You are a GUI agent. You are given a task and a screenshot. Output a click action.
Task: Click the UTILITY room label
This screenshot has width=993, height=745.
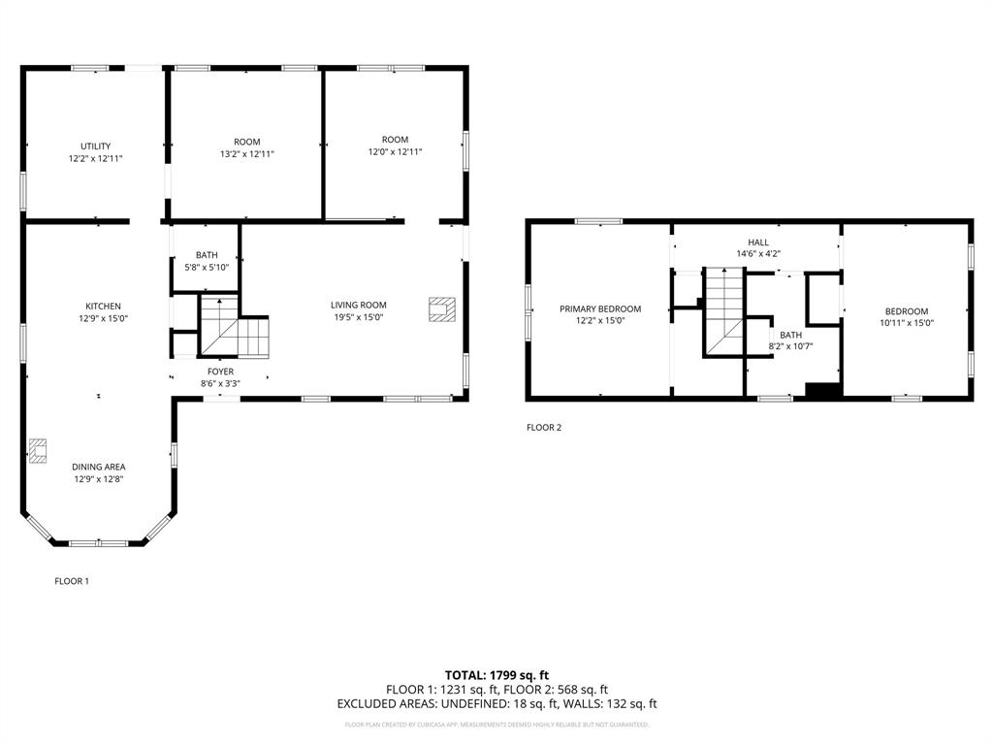95,146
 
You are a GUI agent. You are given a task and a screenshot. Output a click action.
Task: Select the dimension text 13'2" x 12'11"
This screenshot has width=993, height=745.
246,153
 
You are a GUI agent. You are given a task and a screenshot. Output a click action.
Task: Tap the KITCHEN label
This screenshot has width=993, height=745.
103,307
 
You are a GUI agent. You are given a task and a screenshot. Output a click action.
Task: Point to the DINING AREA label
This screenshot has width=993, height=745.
98,467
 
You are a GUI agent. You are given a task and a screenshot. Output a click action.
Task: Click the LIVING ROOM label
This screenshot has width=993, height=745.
358,305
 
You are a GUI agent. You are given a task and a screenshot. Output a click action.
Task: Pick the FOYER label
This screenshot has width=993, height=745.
220,372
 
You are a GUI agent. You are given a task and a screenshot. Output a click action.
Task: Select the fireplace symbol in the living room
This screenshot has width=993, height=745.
440,308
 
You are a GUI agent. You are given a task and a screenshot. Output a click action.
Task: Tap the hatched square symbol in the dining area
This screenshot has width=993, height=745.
38,449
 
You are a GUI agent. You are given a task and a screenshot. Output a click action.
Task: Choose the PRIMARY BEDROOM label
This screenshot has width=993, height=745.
599,309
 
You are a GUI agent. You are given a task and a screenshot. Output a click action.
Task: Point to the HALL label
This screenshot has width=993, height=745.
757,242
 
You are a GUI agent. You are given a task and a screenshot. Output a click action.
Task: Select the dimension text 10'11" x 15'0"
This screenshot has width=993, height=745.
906,323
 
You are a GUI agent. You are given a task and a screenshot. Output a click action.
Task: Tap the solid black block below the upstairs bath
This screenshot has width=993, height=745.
823,390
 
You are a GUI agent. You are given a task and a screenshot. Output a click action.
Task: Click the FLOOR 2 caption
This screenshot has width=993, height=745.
543,427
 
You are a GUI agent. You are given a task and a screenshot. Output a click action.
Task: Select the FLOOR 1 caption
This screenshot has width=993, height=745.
71,581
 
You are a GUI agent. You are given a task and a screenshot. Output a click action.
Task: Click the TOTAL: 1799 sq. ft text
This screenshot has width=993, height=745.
496,675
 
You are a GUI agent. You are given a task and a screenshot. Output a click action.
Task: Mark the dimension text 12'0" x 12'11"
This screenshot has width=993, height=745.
395,151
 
